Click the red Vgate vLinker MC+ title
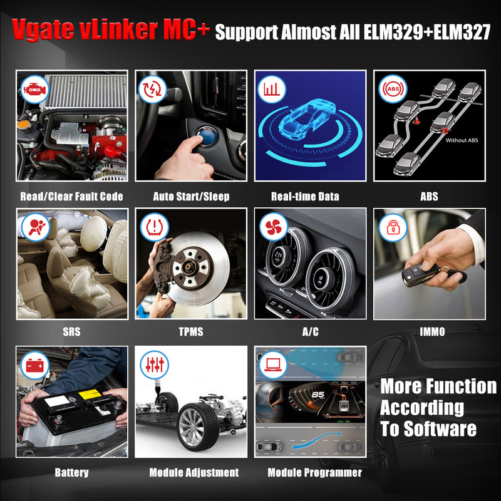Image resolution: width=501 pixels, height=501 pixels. click(x=109, y=29)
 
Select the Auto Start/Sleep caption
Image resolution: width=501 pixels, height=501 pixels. click(x=191, y=197)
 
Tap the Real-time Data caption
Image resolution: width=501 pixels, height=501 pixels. click(x=305, y=197)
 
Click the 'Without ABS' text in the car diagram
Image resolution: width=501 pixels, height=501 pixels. click(x=462, y=140)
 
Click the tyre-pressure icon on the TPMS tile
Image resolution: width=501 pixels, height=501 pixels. click(x=152, y=227)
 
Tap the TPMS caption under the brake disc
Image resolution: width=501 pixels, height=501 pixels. click(x=191, y=332)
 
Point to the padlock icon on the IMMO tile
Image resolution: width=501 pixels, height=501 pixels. click(x=391, y=227)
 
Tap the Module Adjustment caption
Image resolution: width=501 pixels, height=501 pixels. click(x=194, y=472)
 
